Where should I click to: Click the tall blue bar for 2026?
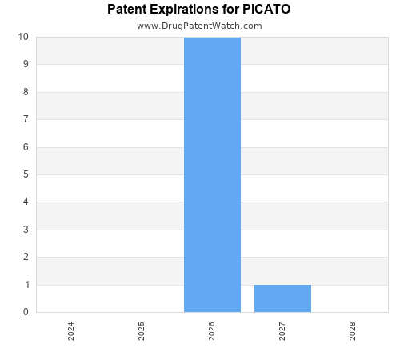tap(212, 174)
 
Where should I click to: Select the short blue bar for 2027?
tap(282, 298)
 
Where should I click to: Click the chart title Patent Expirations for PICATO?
tap(199, 10)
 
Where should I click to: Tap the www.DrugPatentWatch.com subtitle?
tap(199, 26)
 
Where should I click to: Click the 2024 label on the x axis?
tap(71, 331)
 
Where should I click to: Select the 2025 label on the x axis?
tap(142, 331)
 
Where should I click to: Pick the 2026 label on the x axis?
tap(212, 331)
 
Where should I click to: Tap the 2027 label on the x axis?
tap(282, 331)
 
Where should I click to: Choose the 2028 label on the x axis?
tap(353, 331)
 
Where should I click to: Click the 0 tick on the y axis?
tap(26, 312)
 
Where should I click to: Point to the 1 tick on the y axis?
tap(26, 285)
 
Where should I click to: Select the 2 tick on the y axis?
tap(26, 257)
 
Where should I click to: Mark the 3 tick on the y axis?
tap(26, 230)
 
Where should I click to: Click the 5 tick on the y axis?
tap(26, 174)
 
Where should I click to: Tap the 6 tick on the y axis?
tap(26, 147)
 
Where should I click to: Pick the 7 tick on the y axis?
tap(26, 119)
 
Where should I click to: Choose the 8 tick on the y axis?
tap(26, 92)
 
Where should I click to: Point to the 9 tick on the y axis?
tap(26, 64)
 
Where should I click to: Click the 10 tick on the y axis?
tap(23, 37)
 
